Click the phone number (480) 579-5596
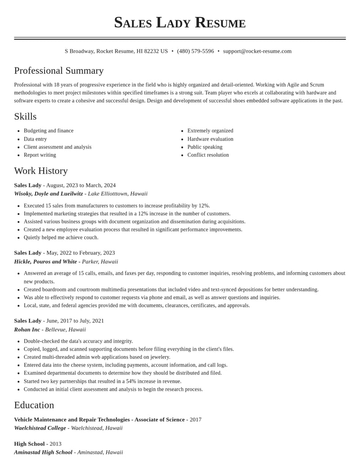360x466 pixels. [x=195, y=51]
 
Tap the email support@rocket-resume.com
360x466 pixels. [x=257, y=51]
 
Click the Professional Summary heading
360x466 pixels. [x=59, y=71]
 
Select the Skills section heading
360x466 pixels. [x=25, y=117]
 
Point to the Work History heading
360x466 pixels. [x=41, y=171]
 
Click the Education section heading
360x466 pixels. [x=34, y=405]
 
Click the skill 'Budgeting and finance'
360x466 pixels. [x=49, y=131]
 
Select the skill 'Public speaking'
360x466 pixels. [x=205, y=147]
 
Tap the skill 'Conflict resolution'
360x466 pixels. [x=208, y=155]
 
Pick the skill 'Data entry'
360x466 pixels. [x=35, y=139]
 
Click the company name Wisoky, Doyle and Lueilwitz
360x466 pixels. [x=49, y=194]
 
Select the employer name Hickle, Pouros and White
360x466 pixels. [x=45, y=262]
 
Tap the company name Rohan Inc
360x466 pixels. [x=27, y=330]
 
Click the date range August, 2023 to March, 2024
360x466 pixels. [x=81, y=185]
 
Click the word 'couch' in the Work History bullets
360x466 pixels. [x=90, y=238]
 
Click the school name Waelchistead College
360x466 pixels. [x=40, y=428]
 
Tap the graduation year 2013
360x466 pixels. [x=55, y=444]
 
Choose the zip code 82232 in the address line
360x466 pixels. [x=152, y=51]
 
